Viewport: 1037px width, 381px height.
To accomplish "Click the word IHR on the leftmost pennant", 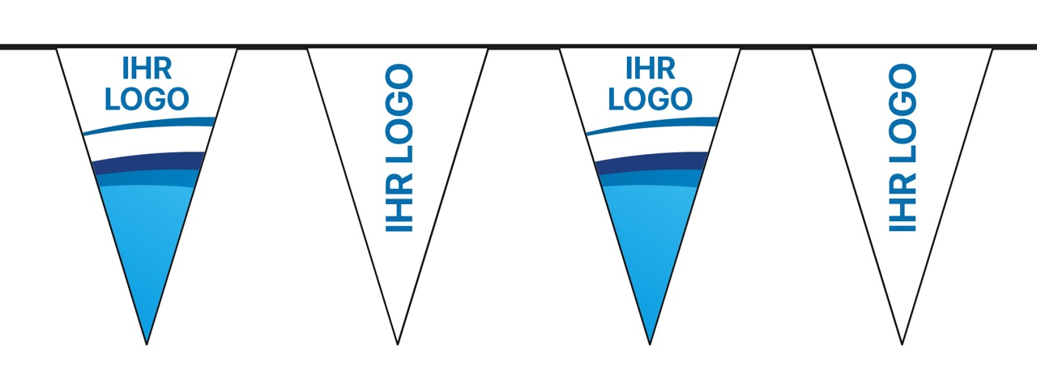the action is click(147, 68).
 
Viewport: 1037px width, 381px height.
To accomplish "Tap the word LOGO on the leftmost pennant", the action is click(147, 99).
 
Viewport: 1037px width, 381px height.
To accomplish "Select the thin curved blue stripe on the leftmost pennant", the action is click(149, 125).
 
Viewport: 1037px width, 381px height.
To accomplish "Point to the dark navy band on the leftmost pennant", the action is click(148, 162).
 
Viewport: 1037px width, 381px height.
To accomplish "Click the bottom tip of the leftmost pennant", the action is click(147, 345).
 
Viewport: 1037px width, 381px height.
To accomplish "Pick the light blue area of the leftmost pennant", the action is click(147, 241).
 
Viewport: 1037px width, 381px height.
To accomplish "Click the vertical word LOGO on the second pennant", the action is click(399, 113).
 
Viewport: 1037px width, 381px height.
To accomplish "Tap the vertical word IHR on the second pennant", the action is click(399, 203).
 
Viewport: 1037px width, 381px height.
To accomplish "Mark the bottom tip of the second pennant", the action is click(398, 345).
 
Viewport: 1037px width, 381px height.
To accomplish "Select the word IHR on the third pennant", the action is click(650, 68).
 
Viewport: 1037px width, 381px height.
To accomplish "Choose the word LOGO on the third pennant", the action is click(650, 99).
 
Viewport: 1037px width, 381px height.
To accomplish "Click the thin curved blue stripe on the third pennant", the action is click(652, 125).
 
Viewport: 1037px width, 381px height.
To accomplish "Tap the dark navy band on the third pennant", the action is click(651, 162).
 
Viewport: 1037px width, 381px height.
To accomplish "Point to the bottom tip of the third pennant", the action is click(650, 345).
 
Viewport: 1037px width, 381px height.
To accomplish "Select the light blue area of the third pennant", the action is click(650, 241).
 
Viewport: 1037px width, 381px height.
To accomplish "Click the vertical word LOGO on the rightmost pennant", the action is click(903, 113).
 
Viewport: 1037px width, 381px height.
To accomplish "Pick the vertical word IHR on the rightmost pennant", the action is click(903, 203).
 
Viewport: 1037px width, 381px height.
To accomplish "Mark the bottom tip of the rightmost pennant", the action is click(902, 345).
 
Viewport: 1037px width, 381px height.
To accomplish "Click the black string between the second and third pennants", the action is click(523, 46).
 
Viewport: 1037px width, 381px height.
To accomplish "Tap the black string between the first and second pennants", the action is click(272, 46).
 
